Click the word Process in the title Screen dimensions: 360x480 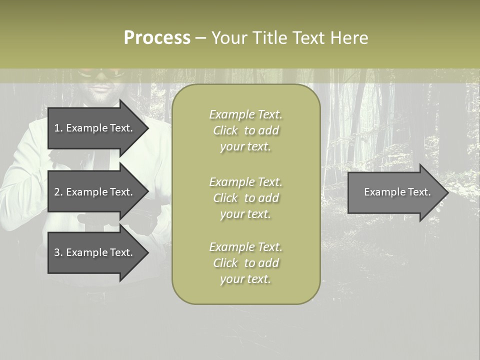click(157, 38)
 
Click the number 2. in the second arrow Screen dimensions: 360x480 click(58, 192)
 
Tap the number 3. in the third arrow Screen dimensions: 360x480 click(58, 252)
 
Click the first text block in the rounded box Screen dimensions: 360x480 click(245, 130)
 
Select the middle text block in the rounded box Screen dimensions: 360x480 click(245, 198)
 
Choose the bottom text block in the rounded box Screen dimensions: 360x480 click(245, 263)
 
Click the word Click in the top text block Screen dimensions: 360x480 click(225, 130)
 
